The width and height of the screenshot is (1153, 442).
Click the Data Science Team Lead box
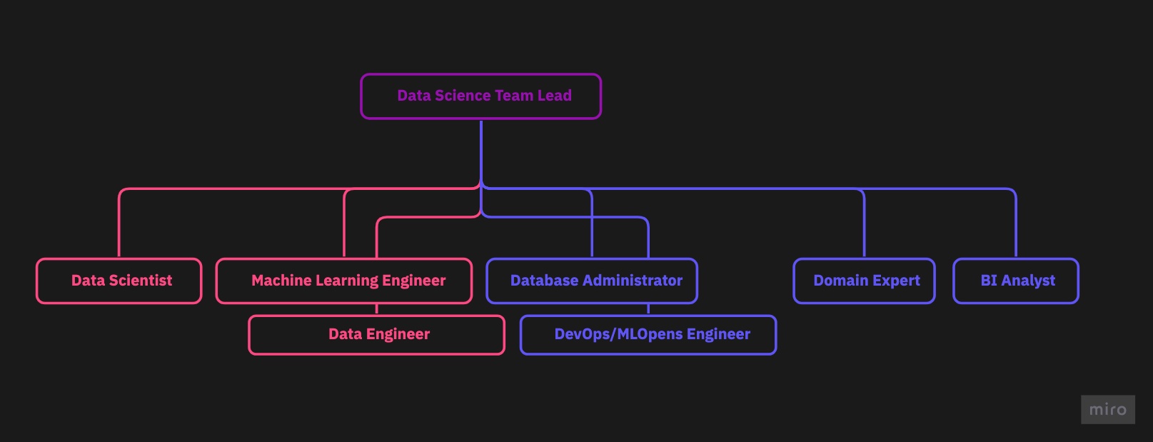[480, 96]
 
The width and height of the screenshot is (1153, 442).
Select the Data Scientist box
[119, 281]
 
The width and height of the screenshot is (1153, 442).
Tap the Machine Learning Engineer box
[343, 281]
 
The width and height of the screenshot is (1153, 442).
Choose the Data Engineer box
[376, 335]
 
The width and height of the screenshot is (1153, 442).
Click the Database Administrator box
[592, 281]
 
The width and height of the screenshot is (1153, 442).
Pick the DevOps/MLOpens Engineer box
[648, 335]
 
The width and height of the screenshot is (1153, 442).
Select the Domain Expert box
[864, 281]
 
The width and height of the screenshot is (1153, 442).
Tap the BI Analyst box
[1016, 281]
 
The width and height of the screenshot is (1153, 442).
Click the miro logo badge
[1107, 410]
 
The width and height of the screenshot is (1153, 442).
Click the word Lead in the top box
[555, 96]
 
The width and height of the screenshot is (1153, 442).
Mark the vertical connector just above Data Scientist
[119, 228]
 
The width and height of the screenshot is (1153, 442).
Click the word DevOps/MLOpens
[618, 334]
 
